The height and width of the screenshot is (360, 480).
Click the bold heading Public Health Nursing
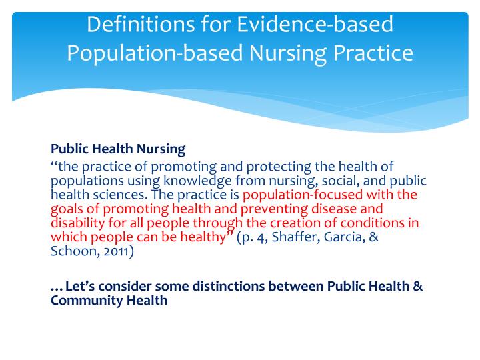[118, 148]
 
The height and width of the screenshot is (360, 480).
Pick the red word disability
[75, 223]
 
